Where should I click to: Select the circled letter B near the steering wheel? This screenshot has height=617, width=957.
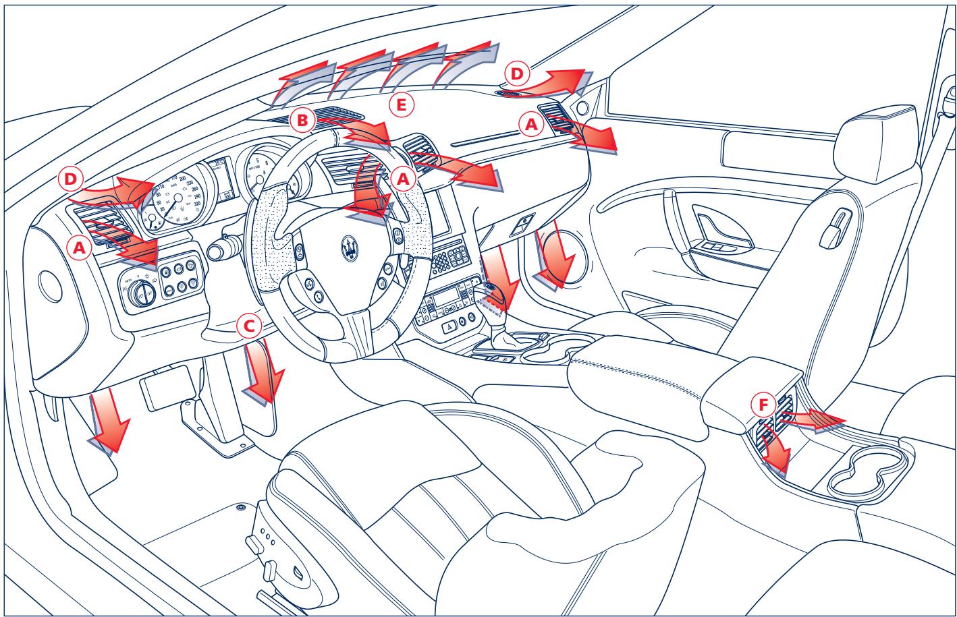[x=302, y=121]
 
